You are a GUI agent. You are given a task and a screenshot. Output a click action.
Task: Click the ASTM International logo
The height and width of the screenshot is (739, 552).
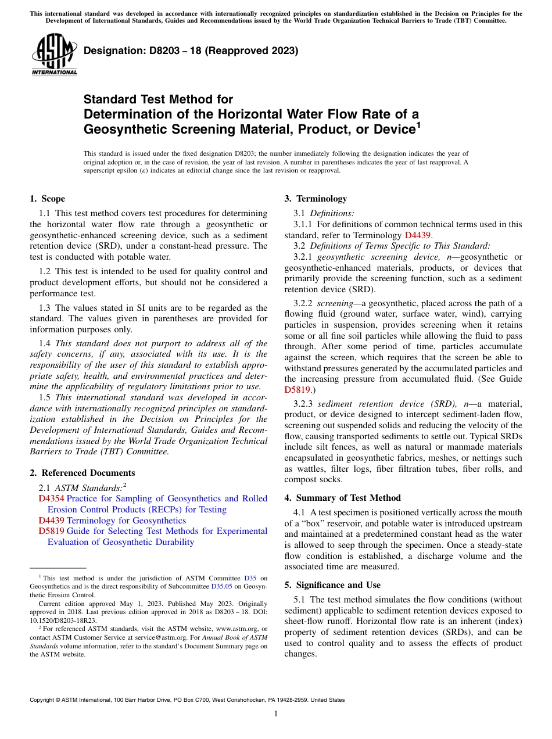(x=53, y=55)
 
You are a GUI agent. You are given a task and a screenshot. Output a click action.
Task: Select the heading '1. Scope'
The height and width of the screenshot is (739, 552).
(x=47, y=199)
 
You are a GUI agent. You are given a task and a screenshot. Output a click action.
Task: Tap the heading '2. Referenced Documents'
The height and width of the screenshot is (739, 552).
(x=82, y=473)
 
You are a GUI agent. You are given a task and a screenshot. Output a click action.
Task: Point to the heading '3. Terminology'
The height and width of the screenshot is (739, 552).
(x=316, y=199)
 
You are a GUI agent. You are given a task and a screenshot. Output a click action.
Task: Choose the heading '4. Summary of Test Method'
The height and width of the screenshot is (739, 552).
(x=342, y=498)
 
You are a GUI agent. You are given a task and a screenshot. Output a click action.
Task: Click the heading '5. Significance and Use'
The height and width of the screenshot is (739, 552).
(x=332, y=585)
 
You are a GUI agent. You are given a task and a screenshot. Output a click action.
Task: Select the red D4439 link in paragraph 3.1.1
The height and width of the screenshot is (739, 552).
(x=418, y=235)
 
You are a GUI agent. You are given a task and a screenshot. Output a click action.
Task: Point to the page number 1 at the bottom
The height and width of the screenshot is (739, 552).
(x=276, y=714)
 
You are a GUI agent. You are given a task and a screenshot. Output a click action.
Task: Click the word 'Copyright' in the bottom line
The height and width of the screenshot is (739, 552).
(x=42, y=700)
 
